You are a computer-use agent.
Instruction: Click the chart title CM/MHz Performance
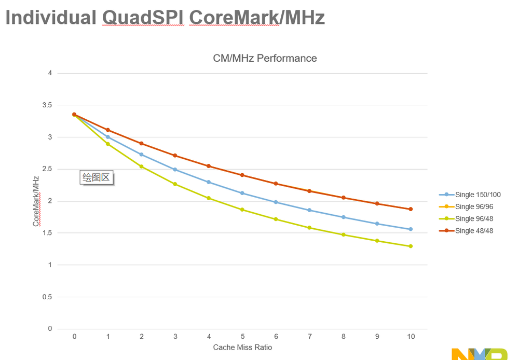point(265,58)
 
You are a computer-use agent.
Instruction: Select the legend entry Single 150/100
point(477,195)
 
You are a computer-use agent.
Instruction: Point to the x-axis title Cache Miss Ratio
point(242,347)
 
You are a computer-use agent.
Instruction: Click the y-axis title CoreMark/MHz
point(36,201)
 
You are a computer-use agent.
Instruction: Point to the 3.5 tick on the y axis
point(47,105)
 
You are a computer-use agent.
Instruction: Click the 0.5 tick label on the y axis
point(47,297)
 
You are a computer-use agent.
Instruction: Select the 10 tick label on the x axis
point(411,337)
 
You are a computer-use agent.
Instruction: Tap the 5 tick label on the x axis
point(242,337)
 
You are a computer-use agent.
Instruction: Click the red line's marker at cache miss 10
point(411,209)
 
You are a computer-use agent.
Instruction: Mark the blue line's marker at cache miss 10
point(411,229)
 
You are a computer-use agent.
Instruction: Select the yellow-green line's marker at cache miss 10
point(411,246)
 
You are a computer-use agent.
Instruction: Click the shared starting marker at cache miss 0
point(74,115)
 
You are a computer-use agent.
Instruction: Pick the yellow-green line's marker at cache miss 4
point(209,198)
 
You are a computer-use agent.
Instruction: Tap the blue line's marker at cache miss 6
point(276,202)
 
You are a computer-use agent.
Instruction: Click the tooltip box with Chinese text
point(97,178)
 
